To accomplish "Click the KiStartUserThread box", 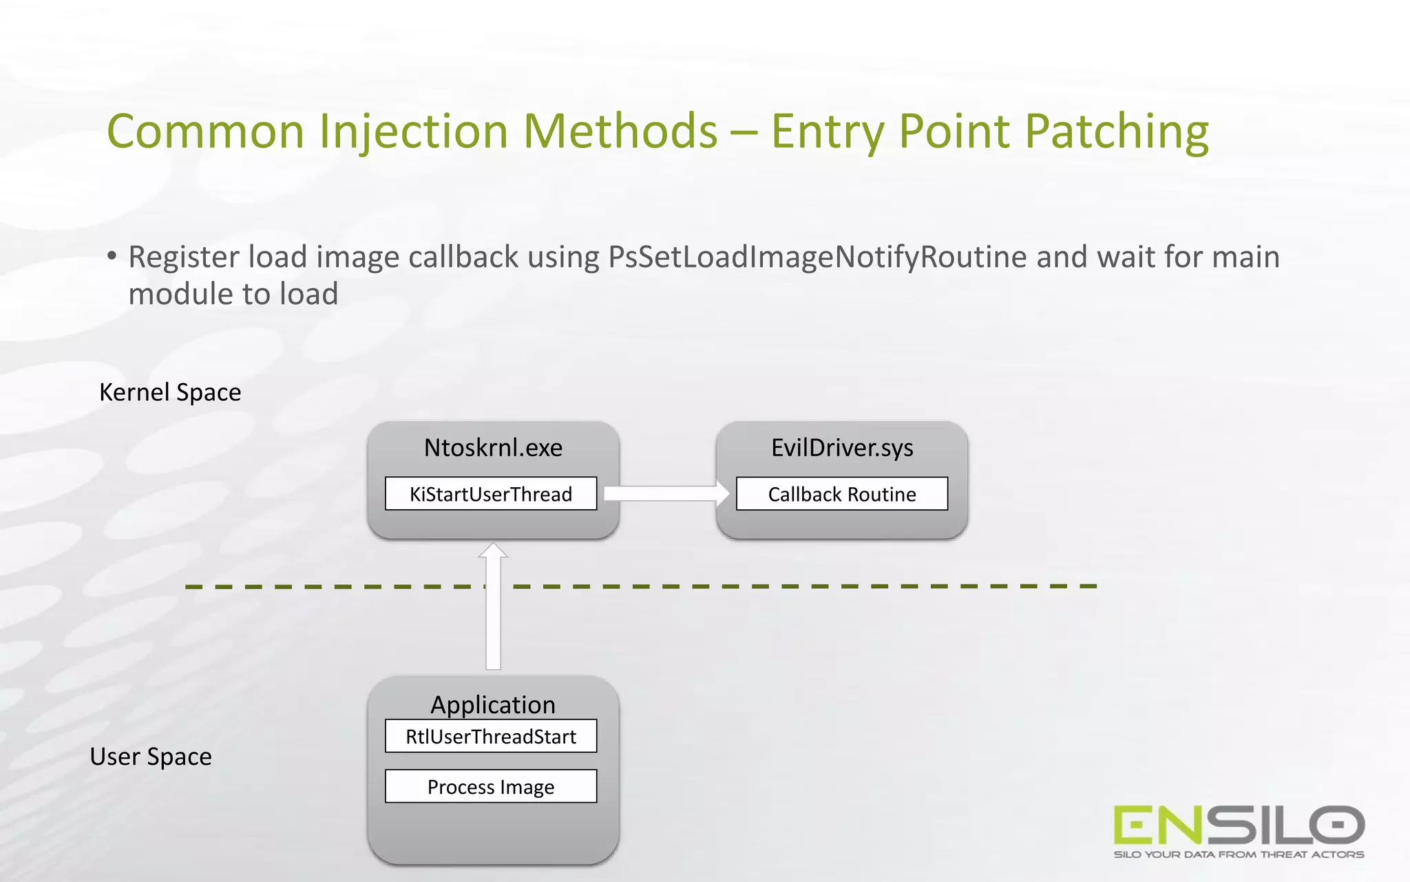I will [x=490, y=494].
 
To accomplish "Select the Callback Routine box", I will [x=841, y=494].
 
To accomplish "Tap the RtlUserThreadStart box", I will [x=490, y=737].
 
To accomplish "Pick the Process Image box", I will [x=490, y=787].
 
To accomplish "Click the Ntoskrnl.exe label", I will [x=493, y=448].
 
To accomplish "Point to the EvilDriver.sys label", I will [x=841, y=448].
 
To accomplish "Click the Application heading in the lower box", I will [x=493, y=705].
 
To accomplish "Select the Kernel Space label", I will [x=170, y=392].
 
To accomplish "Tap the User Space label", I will [x=151, y=757].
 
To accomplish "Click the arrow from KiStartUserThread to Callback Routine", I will [x=665, y=493].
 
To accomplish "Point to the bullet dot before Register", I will [x=112, y=256].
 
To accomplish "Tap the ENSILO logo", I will [x=1238, y=825].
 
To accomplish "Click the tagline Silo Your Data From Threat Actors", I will [x=1238, y=854].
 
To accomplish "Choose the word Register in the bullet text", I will [x=183, y=257].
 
